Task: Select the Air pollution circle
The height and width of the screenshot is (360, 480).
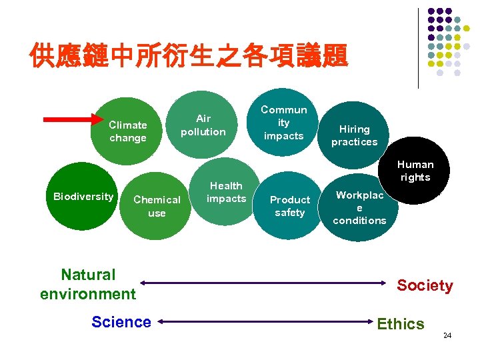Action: coord(203,125)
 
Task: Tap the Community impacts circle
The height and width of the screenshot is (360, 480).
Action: coord(283,123)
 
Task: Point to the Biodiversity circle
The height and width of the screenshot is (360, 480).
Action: coord(83,197)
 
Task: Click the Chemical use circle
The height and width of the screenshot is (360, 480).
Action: coord(157,207)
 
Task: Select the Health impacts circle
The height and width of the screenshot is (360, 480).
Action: coord(226,192)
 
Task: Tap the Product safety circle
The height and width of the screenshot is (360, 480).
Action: coord(289,207)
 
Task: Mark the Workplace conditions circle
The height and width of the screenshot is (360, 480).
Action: coord(360,208)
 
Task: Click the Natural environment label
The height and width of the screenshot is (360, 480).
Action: coord(87,284)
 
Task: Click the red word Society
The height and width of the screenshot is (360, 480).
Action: coord(425,286)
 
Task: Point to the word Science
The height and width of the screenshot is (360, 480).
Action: coord(121,322)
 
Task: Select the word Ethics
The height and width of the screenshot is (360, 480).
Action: coord(400,324)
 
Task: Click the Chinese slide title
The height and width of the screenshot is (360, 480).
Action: coord(189,57)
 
